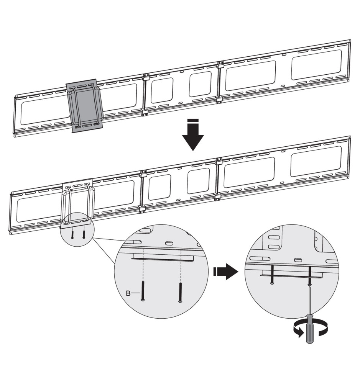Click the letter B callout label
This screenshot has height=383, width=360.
point(128,293)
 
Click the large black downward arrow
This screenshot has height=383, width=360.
point(193,134)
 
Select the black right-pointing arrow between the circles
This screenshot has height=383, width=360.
point(225,272)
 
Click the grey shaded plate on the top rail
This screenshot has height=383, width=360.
point(85,106)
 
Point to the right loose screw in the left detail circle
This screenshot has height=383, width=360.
point(181,292)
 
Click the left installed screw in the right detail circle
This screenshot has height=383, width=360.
point(272,275)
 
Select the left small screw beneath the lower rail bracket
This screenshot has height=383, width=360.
point(72,234)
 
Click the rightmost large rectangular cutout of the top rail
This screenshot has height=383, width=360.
point(316,64)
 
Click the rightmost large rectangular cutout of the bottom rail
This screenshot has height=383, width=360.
point(316,161)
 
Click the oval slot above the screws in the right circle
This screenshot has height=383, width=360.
point(298,260)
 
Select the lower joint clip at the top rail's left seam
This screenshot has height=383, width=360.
point(145,112)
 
